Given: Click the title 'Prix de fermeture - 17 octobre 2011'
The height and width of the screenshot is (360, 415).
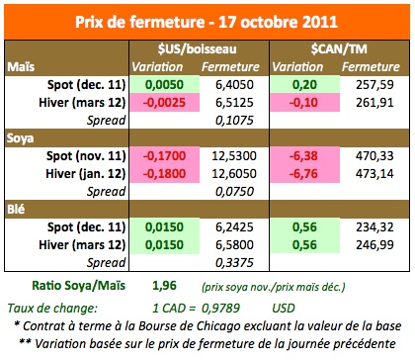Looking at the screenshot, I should (207, 19).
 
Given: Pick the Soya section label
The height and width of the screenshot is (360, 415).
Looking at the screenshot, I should (25, 137).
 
